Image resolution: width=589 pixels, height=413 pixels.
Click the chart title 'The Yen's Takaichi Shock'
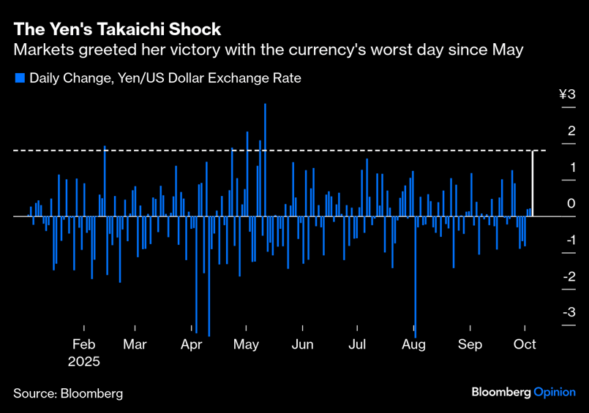117,30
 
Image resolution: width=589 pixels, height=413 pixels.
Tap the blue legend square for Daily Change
20,78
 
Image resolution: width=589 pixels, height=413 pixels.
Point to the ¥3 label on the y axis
567,94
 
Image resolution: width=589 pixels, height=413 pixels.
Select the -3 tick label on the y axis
567,312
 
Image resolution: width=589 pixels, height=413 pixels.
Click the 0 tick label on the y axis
571,203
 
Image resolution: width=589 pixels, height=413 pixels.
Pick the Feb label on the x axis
84,345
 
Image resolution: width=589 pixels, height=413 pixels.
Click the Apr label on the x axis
191,345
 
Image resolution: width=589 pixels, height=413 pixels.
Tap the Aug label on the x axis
414,345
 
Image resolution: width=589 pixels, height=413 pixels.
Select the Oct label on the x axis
525,345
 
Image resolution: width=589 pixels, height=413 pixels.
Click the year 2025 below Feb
84,362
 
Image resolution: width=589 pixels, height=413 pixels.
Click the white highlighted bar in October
532,183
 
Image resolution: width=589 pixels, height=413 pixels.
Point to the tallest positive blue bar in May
265,160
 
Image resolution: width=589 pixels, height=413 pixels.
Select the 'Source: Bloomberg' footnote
68,393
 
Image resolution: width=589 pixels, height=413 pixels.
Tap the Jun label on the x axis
302,345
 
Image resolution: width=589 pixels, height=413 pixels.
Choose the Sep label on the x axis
470,345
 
